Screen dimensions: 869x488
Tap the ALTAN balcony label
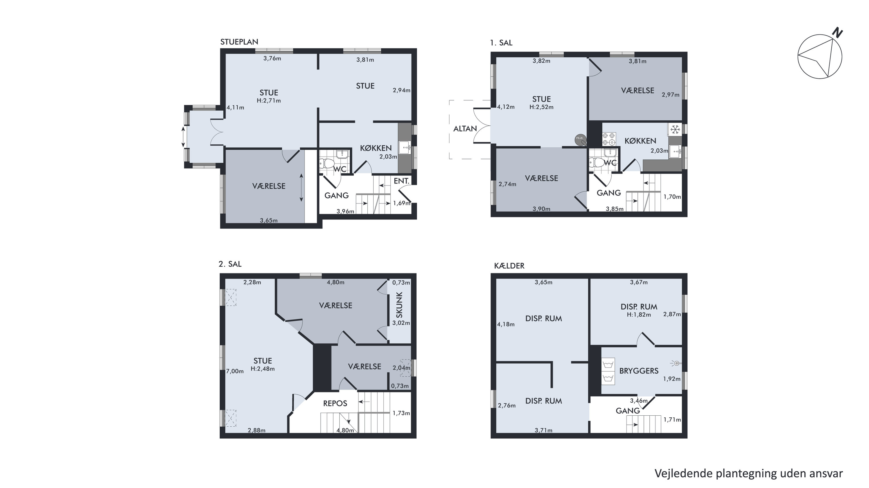pyautogui.click(x=465, y=129)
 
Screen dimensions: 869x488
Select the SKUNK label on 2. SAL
pyautogui.click(x=399, y=305)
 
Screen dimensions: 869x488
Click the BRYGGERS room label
pyautogui.click(x=639, y=371)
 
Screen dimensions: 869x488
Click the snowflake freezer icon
pyautogui.click(x=675, y=129)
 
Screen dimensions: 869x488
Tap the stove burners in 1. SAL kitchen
pyautogui.click(x=609, y=139)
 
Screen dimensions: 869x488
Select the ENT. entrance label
pyautogui.click(x=401, y=181)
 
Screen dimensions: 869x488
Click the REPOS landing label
pyautogui.click(x=335, y=403)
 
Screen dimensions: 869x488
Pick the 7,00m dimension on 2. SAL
pyautogui.click(x=235, y=371)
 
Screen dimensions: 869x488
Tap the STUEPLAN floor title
pyautogui.click(x=239, y=42)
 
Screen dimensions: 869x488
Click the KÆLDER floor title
pyautogui.click(x=509, y=266)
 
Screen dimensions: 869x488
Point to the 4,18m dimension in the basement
pyautogui.click(x=506, y=324)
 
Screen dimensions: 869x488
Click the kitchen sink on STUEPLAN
pyautogui.click(x=405, y=148)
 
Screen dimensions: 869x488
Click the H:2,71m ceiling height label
pyautogui.click(x=269, y=100)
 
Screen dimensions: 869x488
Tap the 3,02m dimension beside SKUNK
pyautogui.click(x=401, y=323)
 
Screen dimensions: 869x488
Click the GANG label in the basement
pyautogui.click(x=627, y=411)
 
